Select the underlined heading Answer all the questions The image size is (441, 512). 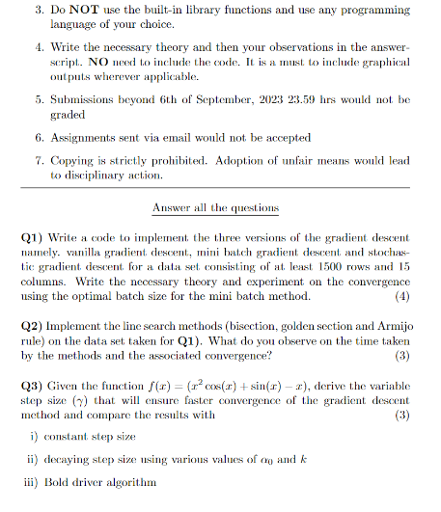coord(215,207)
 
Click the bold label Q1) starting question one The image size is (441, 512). coord(34,237)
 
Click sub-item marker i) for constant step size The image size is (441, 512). coord(36,437)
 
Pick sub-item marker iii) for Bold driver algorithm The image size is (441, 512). coord(37,481)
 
